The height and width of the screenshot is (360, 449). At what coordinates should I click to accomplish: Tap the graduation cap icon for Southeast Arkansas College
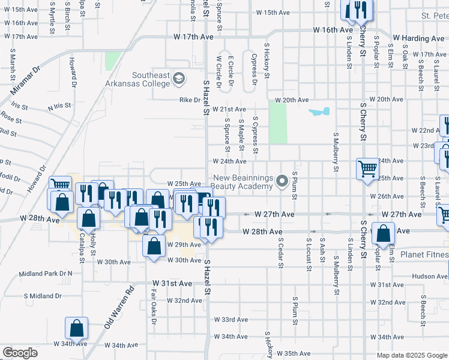pos(178,79)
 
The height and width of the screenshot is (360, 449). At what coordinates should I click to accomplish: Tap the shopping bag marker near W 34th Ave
pos(77,328)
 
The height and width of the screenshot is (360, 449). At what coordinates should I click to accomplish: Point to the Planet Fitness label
pos(424,254)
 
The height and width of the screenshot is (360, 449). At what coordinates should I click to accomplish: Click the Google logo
pos(20,353)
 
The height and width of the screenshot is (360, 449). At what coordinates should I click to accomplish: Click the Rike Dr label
pos(188,100)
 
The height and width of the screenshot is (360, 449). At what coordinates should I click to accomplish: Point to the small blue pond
pos(319,112)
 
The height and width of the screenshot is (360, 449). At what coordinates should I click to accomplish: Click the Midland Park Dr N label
pos(45,274)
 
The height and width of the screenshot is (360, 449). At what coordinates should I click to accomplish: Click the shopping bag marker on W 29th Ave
pos(154,245)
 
